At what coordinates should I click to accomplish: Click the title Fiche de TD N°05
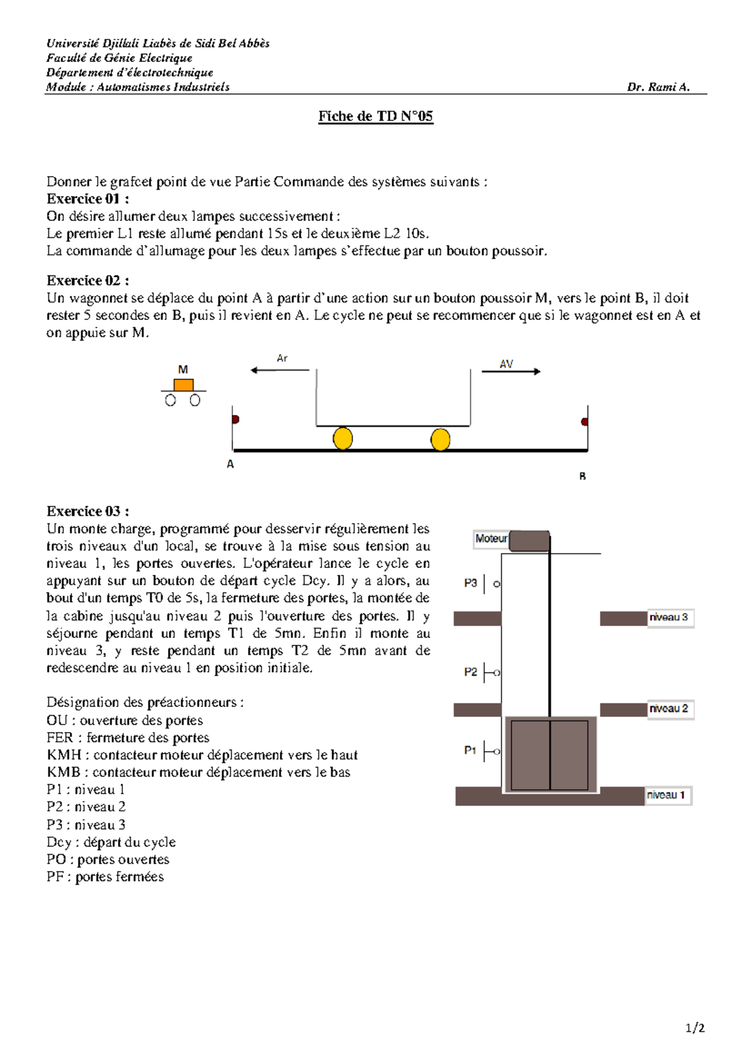click(375, 116)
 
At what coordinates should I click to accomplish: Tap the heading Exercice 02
click(88, 281)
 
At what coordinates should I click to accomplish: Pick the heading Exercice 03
click(88, 511)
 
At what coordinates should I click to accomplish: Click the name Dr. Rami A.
click(658, 87)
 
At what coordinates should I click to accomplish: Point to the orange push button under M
click(183, 384)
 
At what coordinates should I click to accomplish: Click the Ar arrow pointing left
click(279, 370)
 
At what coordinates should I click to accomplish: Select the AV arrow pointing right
click(510, 371)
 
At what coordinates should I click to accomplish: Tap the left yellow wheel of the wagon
click(343, 438)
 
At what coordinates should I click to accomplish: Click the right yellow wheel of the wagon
click(441, 439)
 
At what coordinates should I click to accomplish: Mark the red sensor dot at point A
click(236, 419)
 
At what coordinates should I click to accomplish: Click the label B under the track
click(582, 477)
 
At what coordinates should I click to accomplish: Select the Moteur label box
click(491, 539)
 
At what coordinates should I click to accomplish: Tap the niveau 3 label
click(669, 617)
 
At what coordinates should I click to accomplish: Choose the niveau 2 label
click(669, 709)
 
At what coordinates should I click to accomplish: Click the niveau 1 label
click(666, 795)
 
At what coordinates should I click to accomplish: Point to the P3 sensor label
click(471, 583)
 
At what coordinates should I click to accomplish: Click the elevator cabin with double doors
click(550, 755)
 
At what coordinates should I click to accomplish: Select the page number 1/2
click(695, 1028)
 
